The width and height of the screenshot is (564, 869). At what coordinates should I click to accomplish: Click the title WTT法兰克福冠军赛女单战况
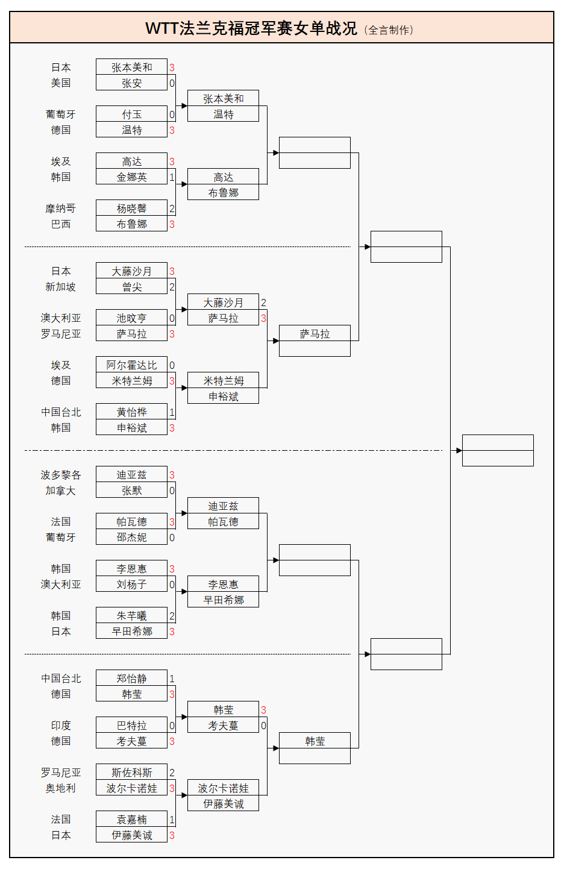[x=251, y=28]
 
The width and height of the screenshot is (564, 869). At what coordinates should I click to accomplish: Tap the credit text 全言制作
[x=390, y=30]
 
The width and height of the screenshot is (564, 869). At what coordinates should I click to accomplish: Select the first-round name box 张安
[x=131, y=83]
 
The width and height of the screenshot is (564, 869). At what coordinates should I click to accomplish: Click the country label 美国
[x=61, y=83]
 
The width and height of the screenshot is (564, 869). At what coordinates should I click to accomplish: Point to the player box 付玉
[x=131, y=115]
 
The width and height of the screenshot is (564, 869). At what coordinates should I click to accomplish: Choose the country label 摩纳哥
[x=61, y=209]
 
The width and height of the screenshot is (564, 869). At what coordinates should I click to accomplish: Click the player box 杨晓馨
[x=131, y=209]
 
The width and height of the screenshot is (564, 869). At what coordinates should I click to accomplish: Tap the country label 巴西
[x=61, y=224]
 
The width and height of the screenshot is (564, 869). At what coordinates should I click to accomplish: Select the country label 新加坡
[x=61, y=287]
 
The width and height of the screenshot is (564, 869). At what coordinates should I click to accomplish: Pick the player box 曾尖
[x=131, y=287]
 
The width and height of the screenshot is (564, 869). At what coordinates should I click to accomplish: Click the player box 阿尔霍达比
[x=131, y=365]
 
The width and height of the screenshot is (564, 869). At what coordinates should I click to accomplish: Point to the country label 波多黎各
[x=61, y=475]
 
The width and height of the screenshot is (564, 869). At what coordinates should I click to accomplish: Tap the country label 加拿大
[x=61, y=491]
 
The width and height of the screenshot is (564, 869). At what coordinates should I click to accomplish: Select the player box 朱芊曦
[x=131, y=616]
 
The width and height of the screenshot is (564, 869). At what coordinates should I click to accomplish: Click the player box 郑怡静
[x=131, y=679]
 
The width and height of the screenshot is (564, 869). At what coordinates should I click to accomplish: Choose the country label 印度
[x=61, y=726]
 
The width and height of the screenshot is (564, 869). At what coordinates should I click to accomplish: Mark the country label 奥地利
[x=61, y=788]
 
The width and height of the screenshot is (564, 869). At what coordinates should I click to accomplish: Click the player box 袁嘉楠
[x=131, y=820]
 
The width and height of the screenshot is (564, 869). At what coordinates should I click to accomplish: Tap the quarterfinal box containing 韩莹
[x=315, y=741]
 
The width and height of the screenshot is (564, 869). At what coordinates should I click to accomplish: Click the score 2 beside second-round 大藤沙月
[x=263, y=303]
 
